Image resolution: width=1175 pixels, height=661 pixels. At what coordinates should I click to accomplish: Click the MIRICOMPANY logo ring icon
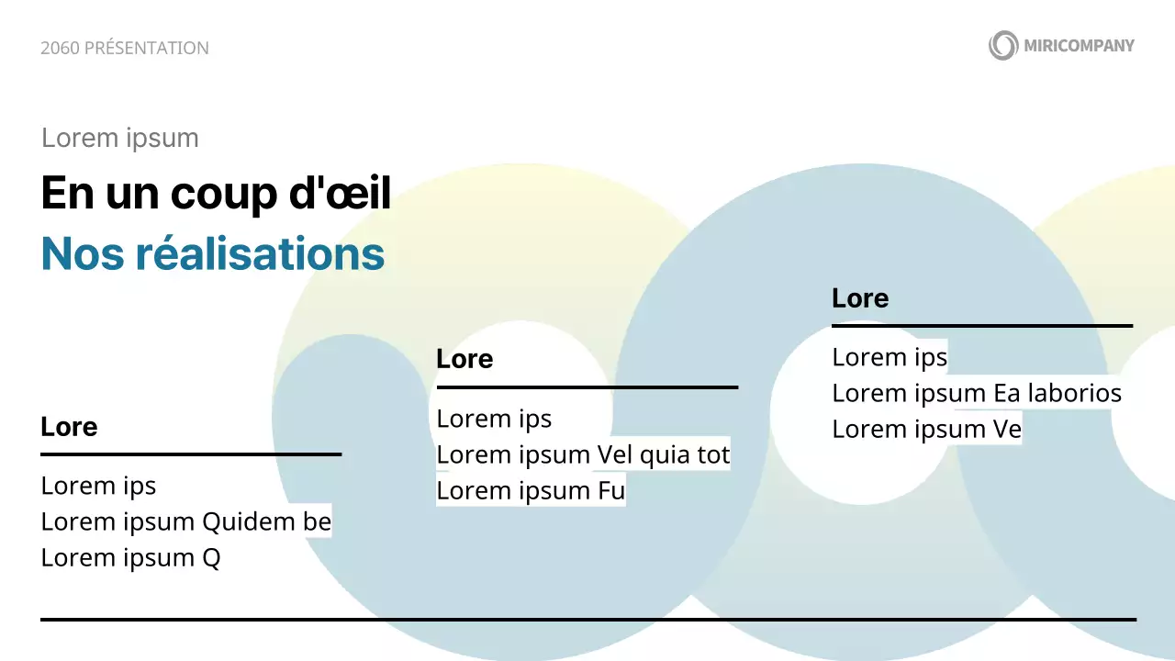click(x=1002, y=45)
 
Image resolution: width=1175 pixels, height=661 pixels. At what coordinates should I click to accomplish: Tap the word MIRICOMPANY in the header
click(x=1080, y=45)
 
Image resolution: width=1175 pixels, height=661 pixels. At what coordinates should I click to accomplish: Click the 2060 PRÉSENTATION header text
click(x=125, y=48)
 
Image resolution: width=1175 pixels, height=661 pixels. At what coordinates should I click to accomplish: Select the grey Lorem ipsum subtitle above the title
click(x=120, y=138)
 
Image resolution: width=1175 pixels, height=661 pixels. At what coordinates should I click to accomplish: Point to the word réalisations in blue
click(x=260, y=253)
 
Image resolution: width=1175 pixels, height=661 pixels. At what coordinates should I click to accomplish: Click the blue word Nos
click(x=83, y=253)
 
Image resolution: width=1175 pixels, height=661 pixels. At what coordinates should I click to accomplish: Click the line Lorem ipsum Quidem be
click(x=185, y=522)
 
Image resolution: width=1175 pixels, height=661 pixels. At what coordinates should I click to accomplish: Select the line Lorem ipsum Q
click(x=130, y=558)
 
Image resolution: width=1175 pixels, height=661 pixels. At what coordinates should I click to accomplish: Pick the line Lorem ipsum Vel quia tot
click(x=583, y=454)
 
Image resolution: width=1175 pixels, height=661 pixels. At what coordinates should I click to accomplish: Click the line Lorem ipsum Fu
click(x=530, y=491)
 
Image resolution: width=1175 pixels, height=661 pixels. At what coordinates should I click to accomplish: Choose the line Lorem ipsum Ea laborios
click(x=977, y=394)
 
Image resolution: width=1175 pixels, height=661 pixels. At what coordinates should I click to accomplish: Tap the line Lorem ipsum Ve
click(x=926, y=430)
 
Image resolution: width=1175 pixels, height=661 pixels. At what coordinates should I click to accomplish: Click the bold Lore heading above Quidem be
click(x=69, y=427)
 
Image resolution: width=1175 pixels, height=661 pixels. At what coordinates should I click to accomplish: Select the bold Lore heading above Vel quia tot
click(x=464, y=359)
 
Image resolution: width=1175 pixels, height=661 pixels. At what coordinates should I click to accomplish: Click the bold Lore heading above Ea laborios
click(x=860, y=298)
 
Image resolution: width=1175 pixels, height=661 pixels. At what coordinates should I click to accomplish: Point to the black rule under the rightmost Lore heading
click(x=982, y=325)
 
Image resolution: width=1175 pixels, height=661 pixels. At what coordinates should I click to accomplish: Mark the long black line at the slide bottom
click(x=587, y=620)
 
